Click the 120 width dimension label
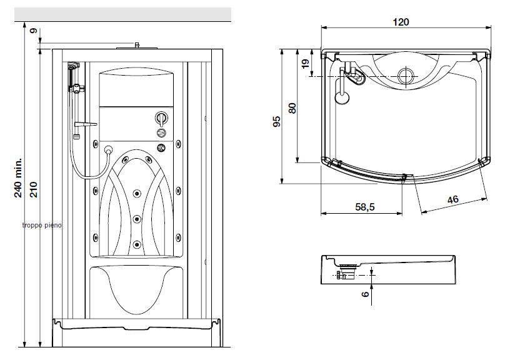coord(401,22)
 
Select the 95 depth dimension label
coord(277,121)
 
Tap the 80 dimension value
coord(292,107)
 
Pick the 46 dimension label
coord(452,199)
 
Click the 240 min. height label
coord(19,177)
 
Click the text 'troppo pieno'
coord(42,226)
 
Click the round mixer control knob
coord(161,118)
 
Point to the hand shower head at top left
coord(73,65)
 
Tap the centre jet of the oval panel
coord(136,218)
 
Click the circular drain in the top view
coord(406,76)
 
